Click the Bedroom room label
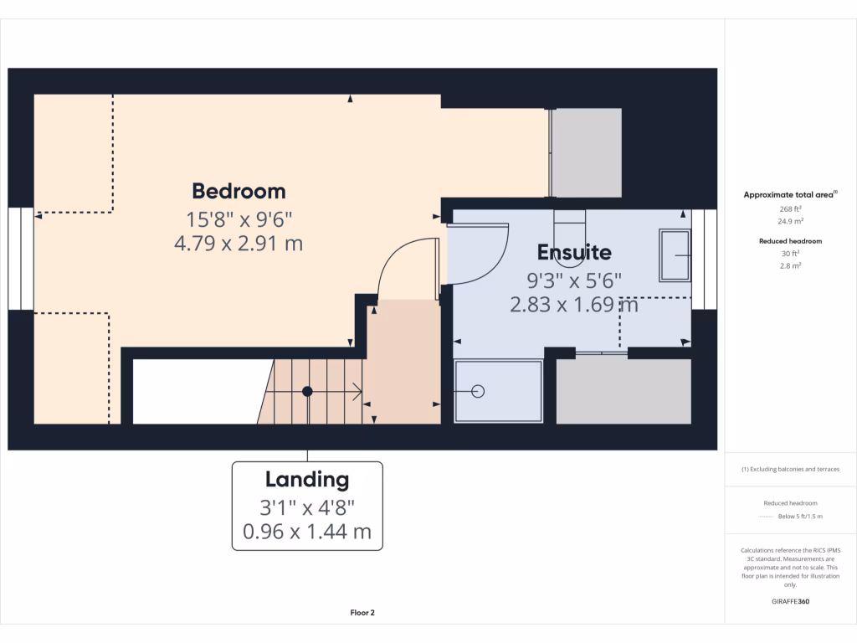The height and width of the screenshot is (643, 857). click(239, 191)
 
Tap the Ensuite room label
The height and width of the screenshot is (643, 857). click(574, 252)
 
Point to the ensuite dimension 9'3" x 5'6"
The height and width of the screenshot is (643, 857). click(574, 280)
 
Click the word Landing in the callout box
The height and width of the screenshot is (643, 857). click(307, 480)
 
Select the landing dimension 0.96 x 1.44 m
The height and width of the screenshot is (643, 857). click(307, 531)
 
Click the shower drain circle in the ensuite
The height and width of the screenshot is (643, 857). click(478, 391)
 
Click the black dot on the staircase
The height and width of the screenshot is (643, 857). click(307, 391)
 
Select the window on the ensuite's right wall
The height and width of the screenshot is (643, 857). click(710, 259)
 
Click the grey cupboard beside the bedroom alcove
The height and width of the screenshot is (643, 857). click(587, 152)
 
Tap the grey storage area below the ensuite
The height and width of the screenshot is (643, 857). click(624, 391)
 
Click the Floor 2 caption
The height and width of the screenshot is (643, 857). click(362, 613)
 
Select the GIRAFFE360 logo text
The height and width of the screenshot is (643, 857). click(791, 601)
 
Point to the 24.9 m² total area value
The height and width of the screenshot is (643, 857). click(791, 222)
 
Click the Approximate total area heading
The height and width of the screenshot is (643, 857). click(790, 194)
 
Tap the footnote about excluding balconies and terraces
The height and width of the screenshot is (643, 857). click(791, 469)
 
